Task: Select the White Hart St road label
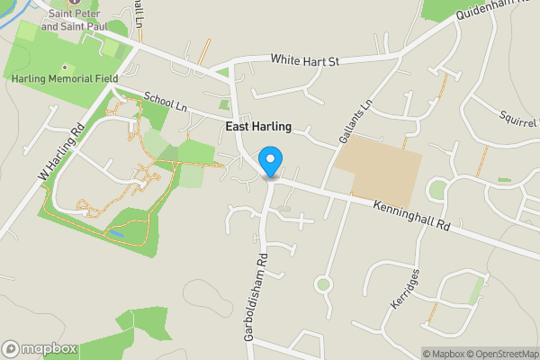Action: pos(307,60)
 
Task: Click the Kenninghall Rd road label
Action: pos(411,215)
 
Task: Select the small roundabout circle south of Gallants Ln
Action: pos(323,285)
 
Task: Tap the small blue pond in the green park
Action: pos(114,233)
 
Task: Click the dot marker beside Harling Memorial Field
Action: pos(64,67)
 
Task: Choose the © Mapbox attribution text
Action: pos(445,354)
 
